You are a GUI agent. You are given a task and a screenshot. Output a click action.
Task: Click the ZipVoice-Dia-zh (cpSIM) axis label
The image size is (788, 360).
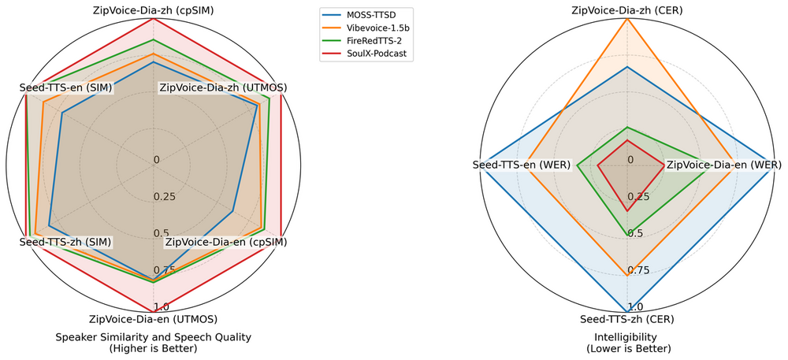tap(154, 10)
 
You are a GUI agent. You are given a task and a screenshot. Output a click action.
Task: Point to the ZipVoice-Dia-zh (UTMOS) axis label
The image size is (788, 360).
tap(223, 87)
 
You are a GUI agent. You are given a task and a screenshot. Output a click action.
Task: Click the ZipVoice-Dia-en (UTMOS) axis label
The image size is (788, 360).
tap(154, 319)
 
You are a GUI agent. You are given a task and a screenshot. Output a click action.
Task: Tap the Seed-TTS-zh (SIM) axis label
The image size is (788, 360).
tap(65, 241)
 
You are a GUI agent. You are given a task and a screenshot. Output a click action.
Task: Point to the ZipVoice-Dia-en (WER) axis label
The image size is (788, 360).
tap(723, 165)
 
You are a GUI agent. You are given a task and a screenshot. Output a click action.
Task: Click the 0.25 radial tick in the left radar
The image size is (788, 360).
tap(165, 196)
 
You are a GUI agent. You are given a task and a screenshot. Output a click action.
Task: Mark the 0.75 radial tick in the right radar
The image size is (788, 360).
tap(638, 270)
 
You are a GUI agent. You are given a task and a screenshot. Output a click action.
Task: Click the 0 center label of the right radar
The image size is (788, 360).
tap(630, 160)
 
